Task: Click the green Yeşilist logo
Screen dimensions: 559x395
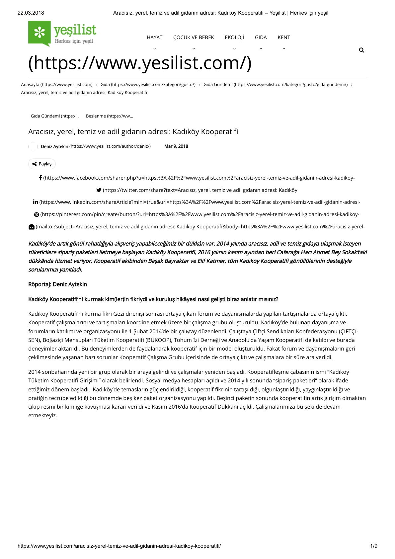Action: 62,34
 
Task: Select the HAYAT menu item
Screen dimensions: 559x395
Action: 154,38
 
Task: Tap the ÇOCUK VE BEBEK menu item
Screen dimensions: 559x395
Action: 194,38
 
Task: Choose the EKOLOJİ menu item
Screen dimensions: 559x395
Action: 234,38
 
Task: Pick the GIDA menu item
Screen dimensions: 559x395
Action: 261,38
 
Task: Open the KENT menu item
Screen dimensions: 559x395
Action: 284,38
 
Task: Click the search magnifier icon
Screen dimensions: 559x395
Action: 361,50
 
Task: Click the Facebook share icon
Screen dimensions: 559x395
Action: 40,178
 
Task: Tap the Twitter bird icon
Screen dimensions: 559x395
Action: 99,190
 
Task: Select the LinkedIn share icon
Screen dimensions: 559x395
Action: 36,202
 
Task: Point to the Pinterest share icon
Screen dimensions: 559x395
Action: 37,215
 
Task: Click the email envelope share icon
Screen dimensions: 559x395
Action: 32,227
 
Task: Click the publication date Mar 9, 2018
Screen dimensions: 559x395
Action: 176,146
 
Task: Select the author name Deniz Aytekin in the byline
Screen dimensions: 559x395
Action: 54,146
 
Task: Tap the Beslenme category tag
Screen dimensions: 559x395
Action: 109,116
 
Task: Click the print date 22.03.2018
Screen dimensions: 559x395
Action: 31,13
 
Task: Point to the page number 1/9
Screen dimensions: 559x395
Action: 374,546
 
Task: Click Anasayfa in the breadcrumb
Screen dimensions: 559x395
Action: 30,85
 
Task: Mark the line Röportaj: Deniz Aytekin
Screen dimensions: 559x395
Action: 57,284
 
